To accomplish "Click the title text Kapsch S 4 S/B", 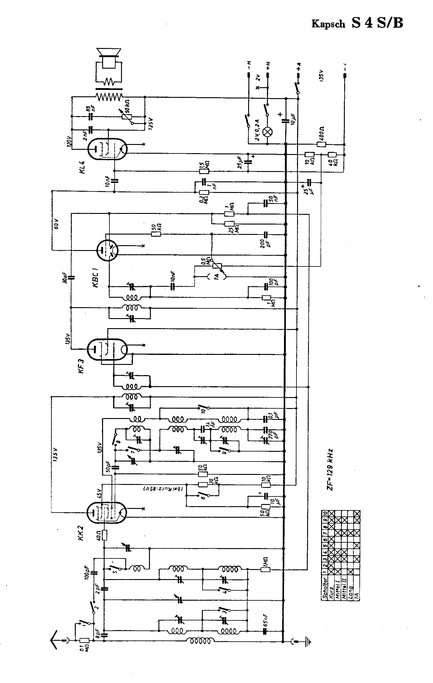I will pyautogui.click(x=357, y=23).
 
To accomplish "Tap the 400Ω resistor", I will pyautogui.click(x=321, y=144).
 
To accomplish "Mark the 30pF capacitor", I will pyautogui.click(x=71, y=277).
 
